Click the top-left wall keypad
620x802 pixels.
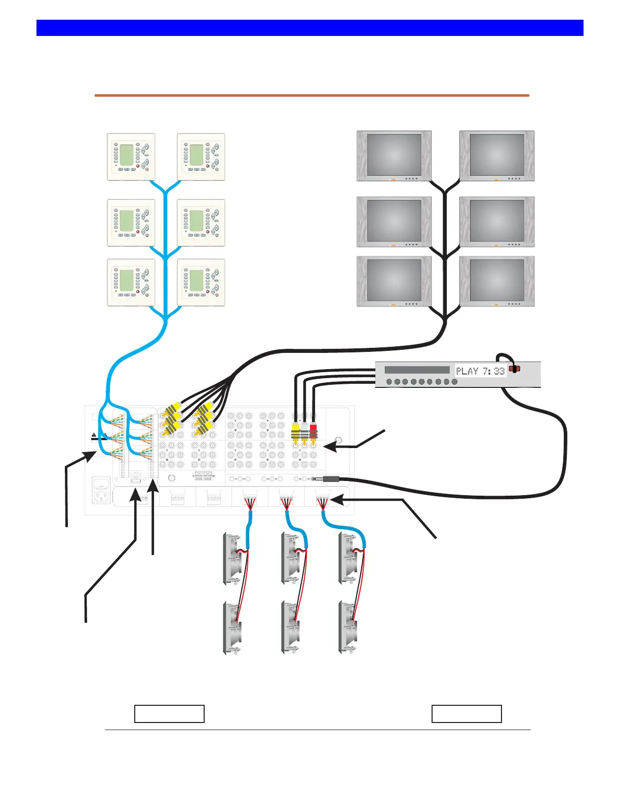click(131, 157)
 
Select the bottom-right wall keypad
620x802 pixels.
click(201, 283)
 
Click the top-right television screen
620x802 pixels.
click(497, 154)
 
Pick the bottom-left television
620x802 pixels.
click(394, 281)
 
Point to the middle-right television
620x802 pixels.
click(497, 222)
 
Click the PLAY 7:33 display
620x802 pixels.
click(480, 371)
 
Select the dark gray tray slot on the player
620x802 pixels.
click(417, 370)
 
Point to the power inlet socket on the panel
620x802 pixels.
click(101, 491)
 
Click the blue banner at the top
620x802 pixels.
click(310, 28)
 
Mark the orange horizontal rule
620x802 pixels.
click(312, 95)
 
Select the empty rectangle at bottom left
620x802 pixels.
click(170, 714)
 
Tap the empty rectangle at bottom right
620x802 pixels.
click(467, 714)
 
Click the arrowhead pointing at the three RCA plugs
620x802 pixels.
click(329, 447)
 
